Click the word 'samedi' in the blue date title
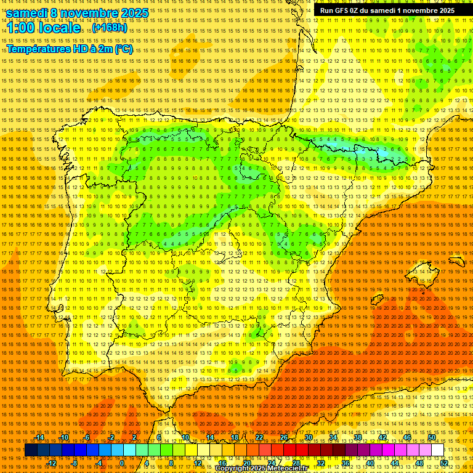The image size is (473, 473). coord(27,13)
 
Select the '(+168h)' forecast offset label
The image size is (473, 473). coord(110,28)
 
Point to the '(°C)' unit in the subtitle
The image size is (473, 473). coord(123,49)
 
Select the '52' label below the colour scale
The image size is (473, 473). coord(444,463)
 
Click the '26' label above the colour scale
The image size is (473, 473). coord(284,437)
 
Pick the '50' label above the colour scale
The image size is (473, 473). coord(432,437)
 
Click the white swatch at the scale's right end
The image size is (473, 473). coord(438,450)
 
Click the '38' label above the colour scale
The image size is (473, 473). coord(358,437)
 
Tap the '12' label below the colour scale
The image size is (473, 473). coord(197,463)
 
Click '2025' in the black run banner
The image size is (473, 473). coord(443,10)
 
